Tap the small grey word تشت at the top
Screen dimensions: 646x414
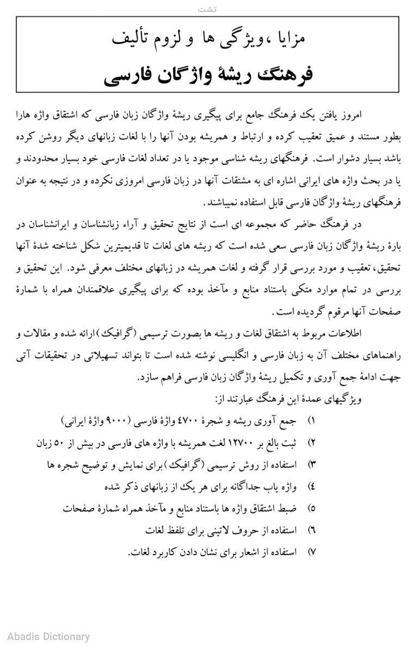[x=207, y=9]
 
